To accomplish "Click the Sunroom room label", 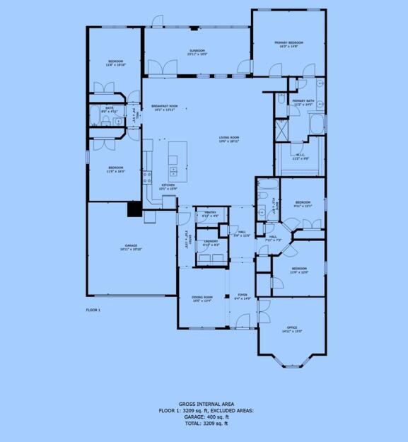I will pos(197,51).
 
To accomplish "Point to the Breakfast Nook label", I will pos(164,107).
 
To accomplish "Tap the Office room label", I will pos(291,327).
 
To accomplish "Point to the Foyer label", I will pos(242,296).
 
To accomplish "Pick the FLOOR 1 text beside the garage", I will pos(93,310).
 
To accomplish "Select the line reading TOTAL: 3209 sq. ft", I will pos(204,423).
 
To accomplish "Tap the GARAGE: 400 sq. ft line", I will pos(204,417).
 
